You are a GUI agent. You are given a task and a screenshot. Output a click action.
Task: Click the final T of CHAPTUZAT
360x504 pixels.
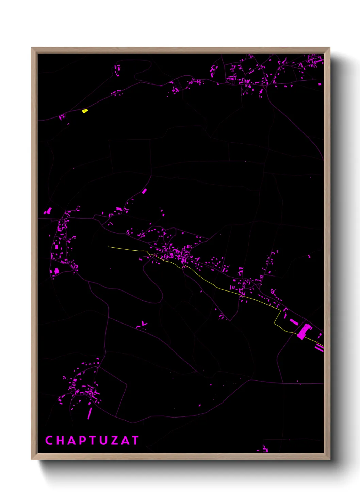(135, 440)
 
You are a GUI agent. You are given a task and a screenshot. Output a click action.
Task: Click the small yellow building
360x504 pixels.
(85, 111)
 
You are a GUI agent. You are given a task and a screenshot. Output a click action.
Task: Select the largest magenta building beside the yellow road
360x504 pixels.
(304, 331)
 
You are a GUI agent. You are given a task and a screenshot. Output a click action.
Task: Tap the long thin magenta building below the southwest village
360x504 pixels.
(90, 413)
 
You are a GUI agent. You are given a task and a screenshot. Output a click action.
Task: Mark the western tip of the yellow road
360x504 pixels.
(108, 247)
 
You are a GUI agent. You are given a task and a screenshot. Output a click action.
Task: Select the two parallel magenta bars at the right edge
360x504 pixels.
(319, 348)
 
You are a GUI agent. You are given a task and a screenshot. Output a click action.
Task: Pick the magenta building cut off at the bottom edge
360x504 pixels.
(265, 450)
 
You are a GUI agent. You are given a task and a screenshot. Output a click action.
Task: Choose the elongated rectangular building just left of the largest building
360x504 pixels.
(293, 321)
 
